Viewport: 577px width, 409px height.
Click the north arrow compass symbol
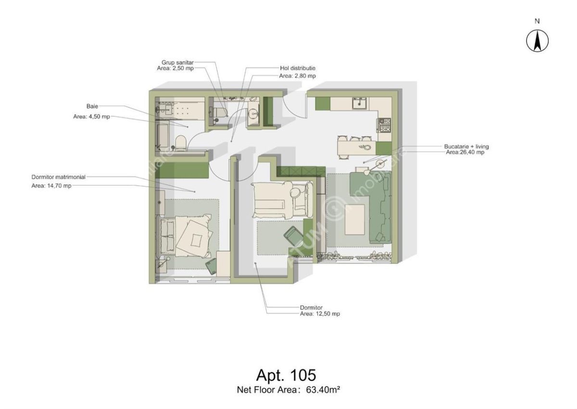click(538, 40)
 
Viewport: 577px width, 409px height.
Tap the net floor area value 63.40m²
click(323, 390)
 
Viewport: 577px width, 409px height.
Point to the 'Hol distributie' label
click(297, 68)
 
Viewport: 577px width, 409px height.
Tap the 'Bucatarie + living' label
click(466, 146)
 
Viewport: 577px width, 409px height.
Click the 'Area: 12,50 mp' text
click(319, 314)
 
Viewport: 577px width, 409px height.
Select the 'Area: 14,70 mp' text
click(51, 185)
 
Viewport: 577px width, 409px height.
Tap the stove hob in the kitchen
click(384, 126)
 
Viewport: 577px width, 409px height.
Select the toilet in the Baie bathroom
click(180, 143)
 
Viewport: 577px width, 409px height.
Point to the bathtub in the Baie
click(162, 135)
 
